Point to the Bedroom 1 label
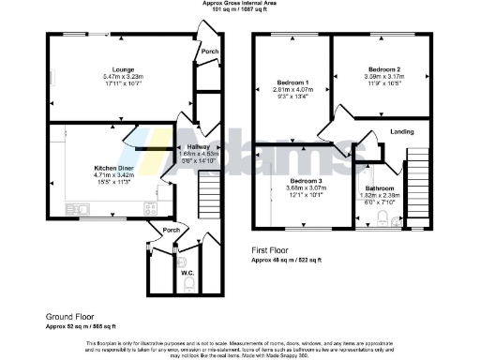point(292,81)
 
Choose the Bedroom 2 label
point(383,69)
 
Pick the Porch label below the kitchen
point(171,230)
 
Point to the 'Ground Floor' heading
point(71,318)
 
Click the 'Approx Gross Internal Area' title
point(239,4)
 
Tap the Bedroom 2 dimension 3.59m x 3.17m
point(383,78)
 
